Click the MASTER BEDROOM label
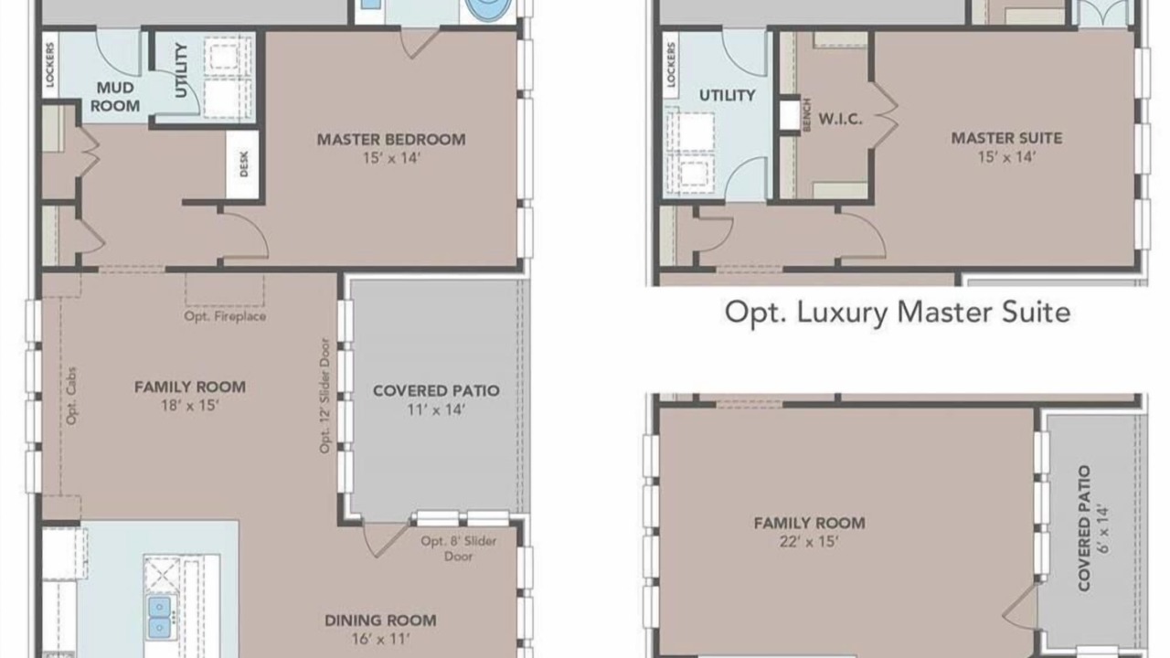(x=391, y=140)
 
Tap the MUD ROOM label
(x=115, y=97)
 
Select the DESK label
(x=244, y=164)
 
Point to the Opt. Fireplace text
(x=225, y=316)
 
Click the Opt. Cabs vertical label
(x=71, y=396)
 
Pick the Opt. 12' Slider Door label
(x=324, y=396)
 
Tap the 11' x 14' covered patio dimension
(x=436, y=410)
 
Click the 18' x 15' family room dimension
(x=189, y=405)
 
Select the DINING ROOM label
(x=380, y=621)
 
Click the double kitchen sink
(x=159, y=617)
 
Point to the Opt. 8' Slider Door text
(x=459, y=548)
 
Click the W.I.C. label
(x=840, y=119)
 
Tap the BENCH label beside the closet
(x=807, y=115)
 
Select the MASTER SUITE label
(x=1006, y=138)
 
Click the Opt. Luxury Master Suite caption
(x=898, y=313)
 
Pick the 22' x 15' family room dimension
(x=809, y=542)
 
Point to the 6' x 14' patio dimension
(x=1102, y=528)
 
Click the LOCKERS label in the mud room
(x=50, y=64)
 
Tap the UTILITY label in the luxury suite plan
(x=727, y=96)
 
